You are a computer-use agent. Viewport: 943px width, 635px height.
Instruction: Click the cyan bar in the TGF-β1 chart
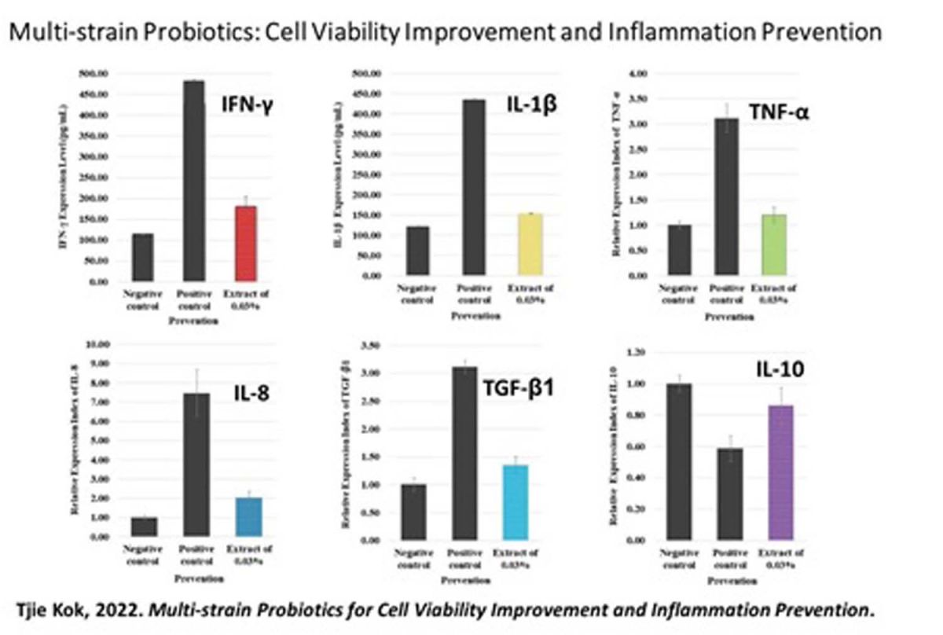(x=515, y=502)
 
